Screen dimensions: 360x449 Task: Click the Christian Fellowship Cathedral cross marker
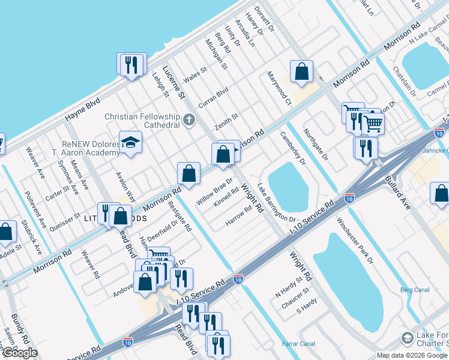click(189, 119)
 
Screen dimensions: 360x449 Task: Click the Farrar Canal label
click(298, 344)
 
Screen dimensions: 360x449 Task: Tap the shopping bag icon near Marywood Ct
click(301, 71)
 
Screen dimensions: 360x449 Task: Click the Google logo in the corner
click(20, 353)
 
